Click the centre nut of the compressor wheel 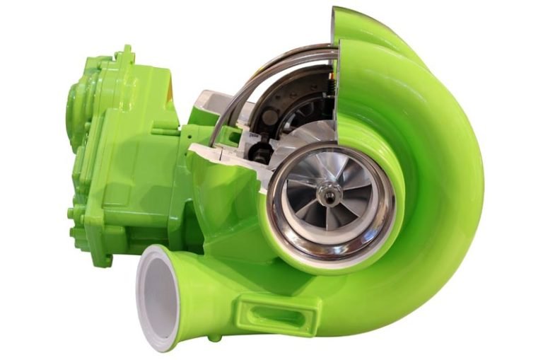coord(327,193)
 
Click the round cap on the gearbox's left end coord(78,106)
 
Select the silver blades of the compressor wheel coord(311,177)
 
